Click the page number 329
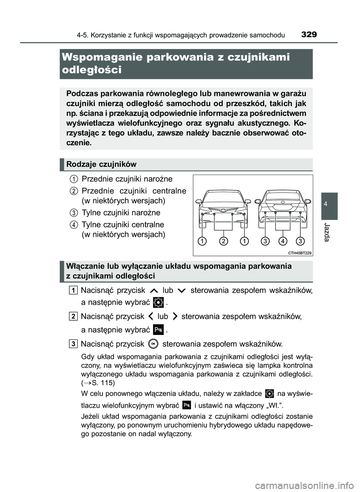coord(309,34)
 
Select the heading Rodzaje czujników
coord(101,164)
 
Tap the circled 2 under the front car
coord(223,241)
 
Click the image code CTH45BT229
coord(300,253)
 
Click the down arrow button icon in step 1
coord(182,291)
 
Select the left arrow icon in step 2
coord(150,317)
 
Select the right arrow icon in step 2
coord(175,317)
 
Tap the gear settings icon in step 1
coord(158,302)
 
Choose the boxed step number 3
coord(74,344)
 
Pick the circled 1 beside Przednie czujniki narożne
coord(74,179)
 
